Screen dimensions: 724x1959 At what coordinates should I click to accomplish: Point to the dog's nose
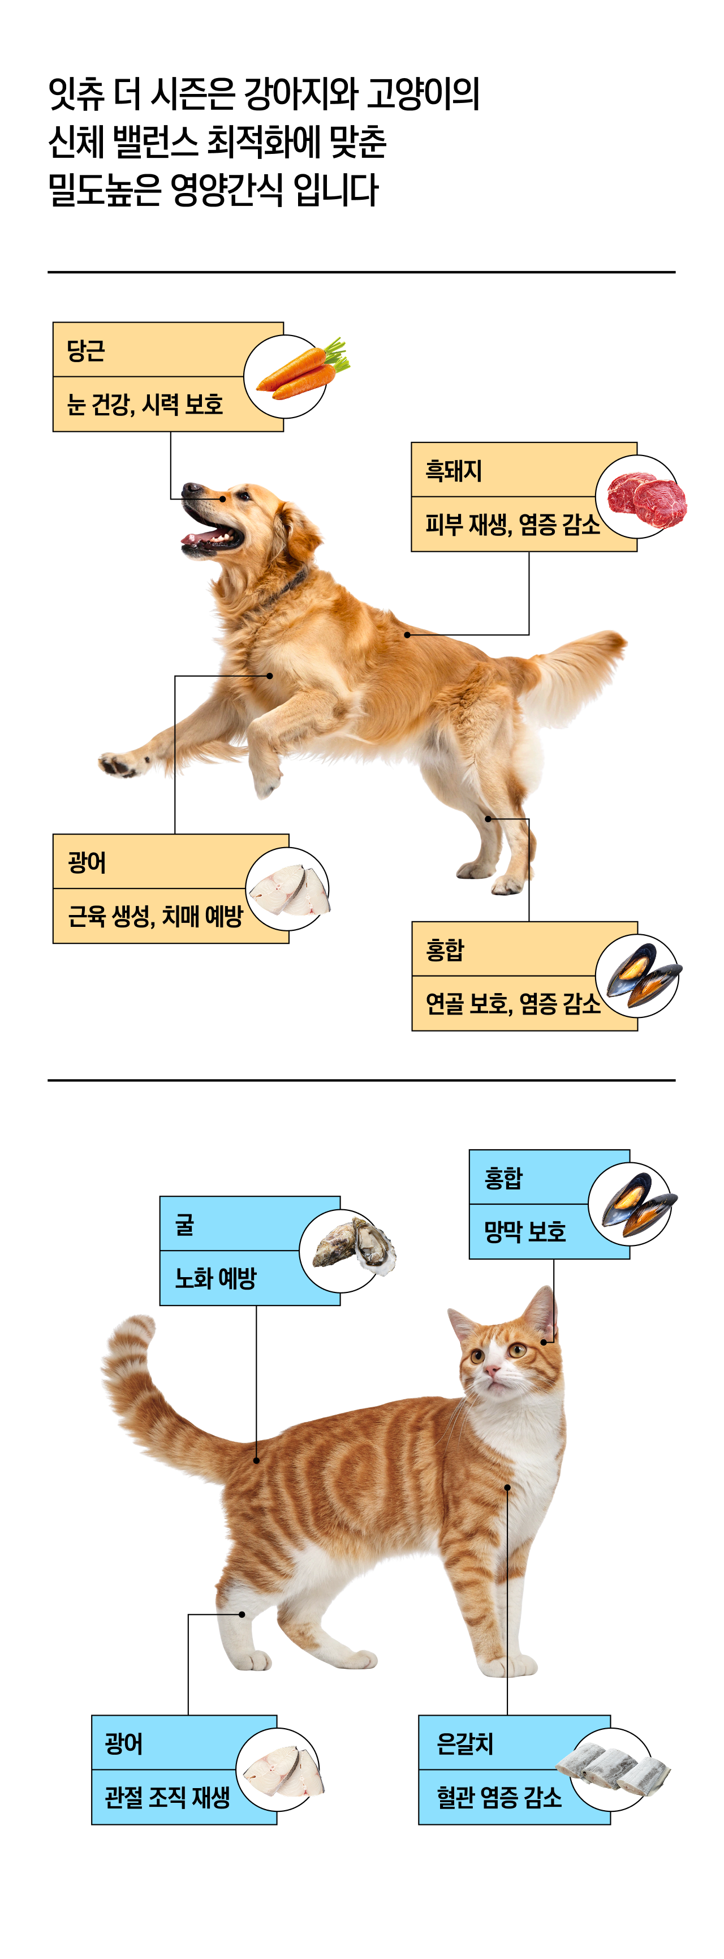pos(189,488)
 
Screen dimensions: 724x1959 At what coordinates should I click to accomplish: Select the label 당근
pos(85,351)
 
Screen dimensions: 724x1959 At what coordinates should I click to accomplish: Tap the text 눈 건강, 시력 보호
pos(144,404)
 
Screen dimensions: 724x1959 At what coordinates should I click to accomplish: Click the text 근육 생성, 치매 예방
pos(155,916)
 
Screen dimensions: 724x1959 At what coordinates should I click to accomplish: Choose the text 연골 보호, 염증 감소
pos(512,1003)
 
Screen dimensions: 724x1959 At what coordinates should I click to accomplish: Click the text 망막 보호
pos(525,1231)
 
